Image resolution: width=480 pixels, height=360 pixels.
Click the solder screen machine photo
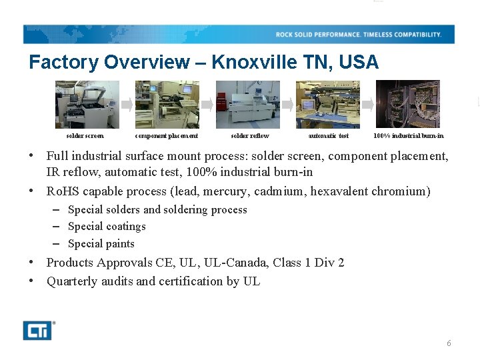[87, 105]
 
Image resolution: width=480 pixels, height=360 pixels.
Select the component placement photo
[167, 105]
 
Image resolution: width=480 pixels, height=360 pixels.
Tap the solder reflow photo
[247, 105]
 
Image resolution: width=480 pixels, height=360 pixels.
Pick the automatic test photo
[327, 105]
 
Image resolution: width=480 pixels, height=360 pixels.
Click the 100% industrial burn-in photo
[407, 105]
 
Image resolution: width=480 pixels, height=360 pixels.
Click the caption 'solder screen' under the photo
[85, 136]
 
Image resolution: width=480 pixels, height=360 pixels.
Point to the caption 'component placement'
[167, 136]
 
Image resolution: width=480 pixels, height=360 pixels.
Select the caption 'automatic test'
[328, 136]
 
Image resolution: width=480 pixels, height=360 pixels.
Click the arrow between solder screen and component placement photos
[127, 105]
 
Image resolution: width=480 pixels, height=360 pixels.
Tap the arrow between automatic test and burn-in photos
[367, 105]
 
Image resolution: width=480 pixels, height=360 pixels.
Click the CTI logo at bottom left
[37, 330]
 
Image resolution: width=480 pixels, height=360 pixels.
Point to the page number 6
[449, 343]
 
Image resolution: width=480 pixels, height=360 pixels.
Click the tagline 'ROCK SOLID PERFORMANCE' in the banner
[318, 35]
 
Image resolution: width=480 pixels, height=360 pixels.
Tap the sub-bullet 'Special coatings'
[107, 227]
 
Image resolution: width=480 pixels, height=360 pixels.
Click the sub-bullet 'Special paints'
[101, 244]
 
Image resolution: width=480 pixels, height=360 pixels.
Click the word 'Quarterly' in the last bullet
[72, 281]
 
